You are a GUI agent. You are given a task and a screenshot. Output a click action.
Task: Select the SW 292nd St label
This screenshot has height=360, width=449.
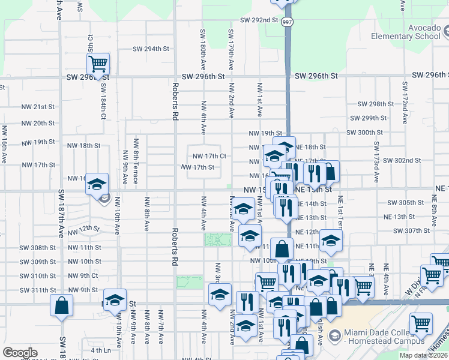(x=259, y=20)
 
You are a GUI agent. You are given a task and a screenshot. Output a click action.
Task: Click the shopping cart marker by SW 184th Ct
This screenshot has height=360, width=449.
(x=97, y=62)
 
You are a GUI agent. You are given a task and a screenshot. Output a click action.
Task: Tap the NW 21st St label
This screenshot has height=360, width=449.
(x=38, y=107)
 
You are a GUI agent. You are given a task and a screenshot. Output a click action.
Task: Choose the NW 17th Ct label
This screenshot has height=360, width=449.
(x=208, y=156)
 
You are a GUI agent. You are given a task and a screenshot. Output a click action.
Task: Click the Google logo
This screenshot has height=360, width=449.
(x=20, y=353)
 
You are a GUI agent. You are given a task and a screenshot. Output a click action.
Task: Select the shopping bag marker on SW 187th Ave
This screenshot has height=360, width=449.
(x=61, y=305)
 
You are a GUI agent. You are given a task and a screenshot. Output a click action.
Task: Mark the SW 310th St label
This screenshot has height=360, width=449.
(x=36, y=276)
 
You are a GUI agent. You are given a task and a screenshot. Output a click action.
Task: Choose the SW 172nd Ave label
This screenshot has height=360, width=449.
(x=405, y=108)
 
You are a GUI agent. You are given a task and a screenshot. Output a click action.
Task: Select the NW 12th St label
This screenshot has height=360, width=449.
(x=84, y=229)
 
